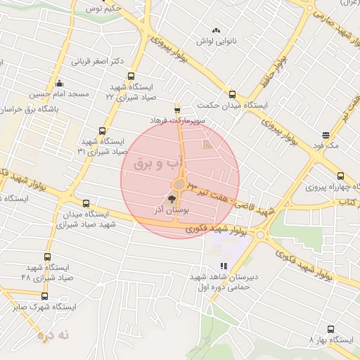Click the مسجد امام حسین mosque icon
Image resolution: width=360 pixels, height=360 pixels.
point(58,83)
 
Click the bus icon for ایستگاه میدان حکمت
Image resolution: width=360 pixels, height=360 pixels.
point(233,94)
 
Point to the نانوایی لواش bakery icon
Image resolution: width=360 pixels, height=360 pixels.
point(217,30)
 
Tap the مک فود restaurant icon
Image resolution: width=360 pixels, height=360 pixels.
point(326,135)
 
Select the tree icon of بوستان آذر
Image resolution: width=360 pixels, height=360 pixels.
point(172,200)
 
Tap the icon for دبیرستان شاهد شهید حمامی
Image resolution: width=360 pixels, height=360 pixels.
point(223,266)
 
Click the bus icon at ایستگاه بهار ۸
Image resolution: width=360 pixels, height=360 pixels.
point(331,328)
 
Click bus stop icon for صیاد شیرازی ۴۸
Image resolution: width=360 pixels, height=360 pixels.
point(47,257)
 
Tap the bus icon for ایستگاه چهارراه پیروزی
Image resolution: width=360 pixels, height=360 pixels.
point(341,176)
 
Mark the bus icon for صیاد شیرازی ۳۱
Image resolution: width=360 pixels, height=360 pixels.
point(103,131)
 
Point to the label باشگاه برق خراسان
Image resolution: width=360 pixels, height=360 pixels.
point(28,110)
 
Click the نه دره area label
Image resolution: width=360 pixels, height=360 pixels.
point(54,335)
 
